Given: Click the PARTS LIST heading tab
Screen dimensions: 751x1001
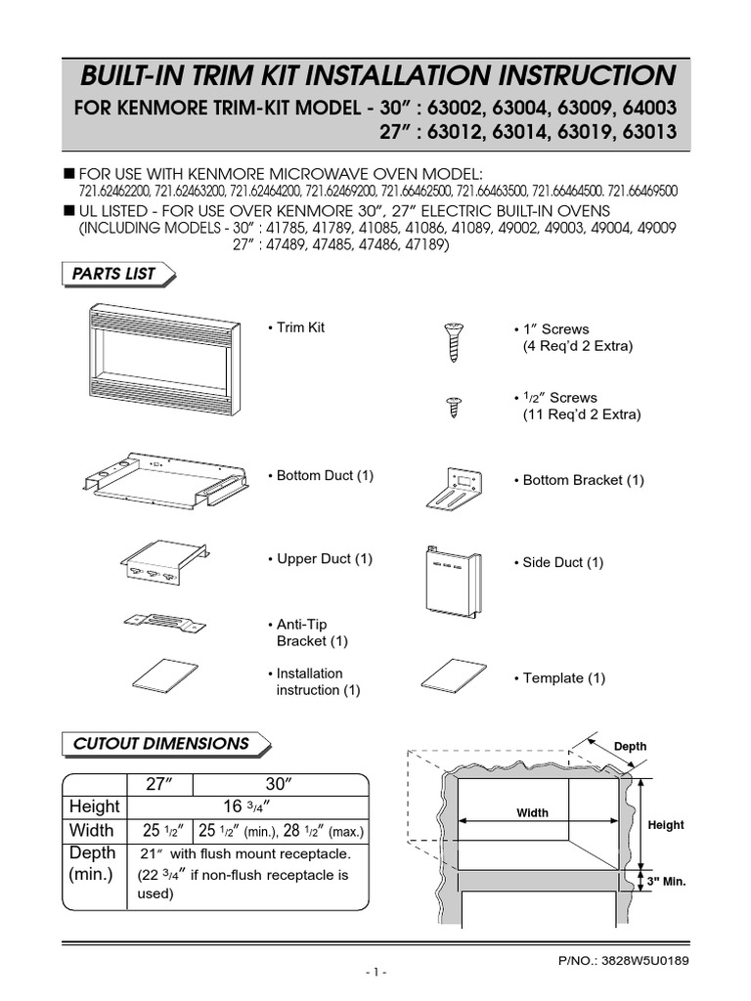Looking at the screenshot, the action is pyautogui.click(x=114, y=275).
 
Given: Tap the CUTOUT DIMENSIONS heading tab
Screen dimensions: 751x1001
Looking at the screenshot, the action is pyautogui.click(x=161, y=744).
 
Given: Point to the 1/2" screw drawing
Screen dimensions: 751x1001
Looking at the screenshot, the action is pyautogui.click(x=453, y=407).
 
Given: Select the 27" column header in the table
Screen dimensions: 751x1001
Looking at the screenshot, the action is pyautogui.click(x=159, y=783).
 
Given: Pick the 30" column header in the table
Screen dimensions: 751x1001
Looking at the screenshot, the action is pyautogui.click(x=281, y=783).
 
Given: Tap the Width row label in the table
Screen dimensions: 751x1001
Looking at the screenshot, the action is pyautogui.click(x=93, y=831).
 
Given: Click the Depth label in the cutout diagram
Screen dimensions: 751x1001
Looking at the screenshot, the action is pyautogui.click(x=631, y=747).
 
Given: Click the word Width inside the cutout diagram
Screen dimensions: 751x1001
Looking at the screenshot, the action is pyautogui.click(x=533, y=812).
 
